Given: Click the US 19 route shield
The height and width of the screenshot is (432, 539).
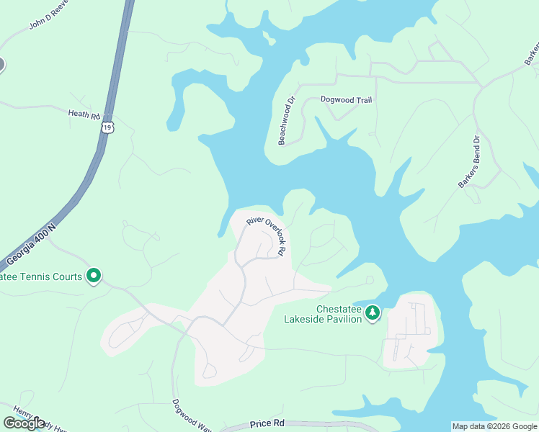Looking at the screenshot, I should pos(107,127).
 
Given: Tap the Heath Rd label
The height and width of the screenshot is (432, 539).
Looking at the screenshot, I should pos(83,114).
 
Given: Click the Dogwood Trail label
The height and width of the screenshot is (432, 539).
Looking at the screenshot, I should pos(346,100).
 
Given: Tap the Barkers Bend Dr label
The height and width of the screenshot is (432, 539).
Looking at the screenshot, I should pos(468,162).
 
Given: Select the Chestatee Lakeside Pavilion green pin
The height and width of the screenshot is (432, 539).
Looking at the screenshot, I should pos(373,313).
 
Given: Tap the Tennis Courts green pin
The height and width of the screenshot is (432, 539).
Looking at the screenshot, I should pos(93,275).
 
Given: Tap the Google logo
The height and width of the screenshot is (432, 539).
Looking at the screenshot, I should pos(24,423).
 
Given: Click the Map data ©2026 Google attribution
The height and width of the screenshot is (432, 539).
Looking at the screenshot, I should pos(494,426).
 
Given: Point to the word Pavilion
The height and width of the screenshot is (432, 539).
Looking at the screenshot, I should pos(340,319).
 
